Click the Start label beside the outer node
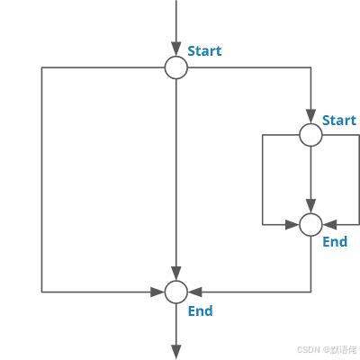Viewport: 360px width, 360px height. pyautogui.click(x=204, y=51)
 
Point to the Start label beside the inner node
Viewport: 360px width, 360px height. pyautogui.click(x=339, y=121)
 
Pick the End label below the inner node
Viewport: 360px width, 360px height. pyautogui.click(x=335, y=241)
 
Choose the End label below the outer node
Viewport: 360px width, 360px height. pyautogui.click(x=201, y=310)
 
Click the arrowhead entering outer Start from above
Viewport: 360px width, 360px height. pyautogui.click(x=176, y=49)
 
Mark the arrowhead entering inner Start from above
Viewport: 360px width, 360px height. pyautogui.click(x=310, y=117)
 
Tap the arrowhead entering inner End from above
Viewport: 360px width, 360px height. pyautogui.click(x=310, y=206)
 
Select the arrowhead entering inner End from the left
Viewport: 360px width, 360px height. pyautogui.click(x=292, y=224)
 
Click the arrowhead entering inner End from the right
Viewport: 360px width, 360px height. pyautogui.click(x=329, y=224)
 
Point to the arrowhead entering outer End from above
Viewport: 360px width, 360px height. pyautogui.click(x=176, y=274)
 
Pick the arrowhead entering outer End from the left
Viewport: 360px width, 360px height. pyautogui.click(x=157, y=292)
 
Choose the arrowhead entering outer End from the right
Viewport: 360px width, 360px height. pyautogui.click(x=194, y=292)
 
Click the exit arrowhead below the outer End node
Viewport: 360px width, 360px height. pyautogui.click(x=176, y=352)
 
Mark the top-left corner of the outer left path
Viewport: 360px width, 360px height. pyautogui.click(x=41, y=67)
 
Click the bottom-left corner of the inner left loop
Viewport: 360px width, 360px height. pyautogui.click(x=263, y=224)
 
